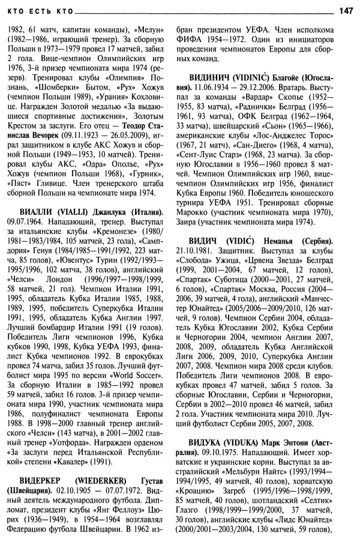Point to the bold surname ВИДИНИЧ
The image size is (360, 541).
point(208,78)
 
